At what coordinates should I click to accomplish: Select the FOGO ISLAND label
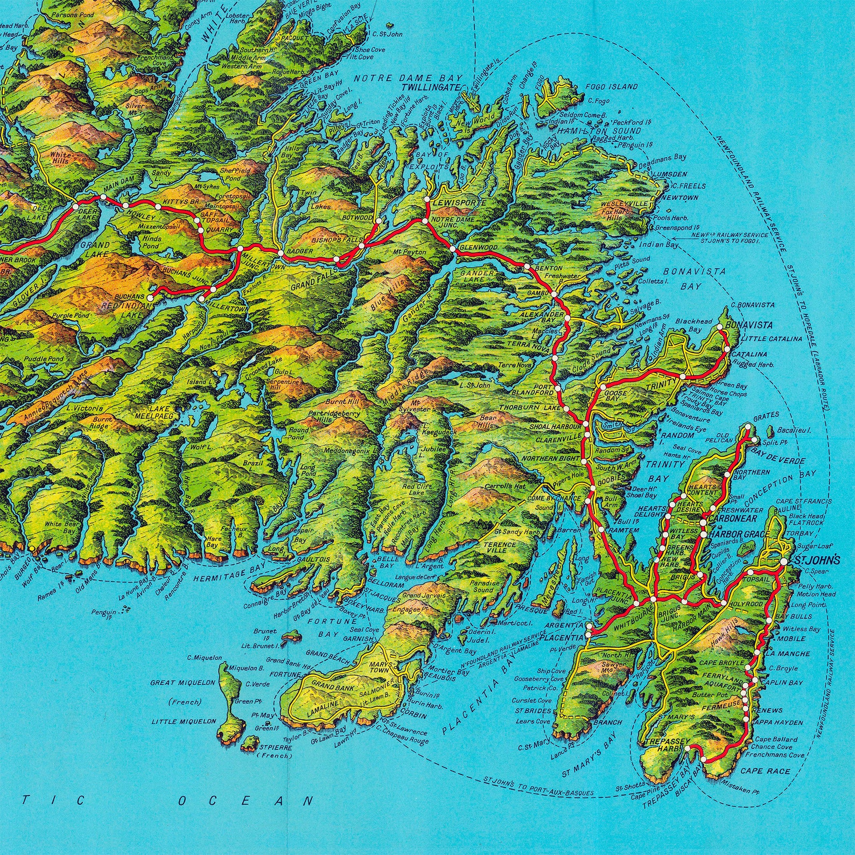click(613, 86)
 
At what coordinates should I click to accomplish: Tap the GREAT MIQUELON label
click(183, 682)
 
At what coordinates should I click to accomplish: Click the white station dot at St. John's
click(783, 561)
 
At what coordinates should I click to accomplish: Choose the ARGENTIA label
click(565, 625)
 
